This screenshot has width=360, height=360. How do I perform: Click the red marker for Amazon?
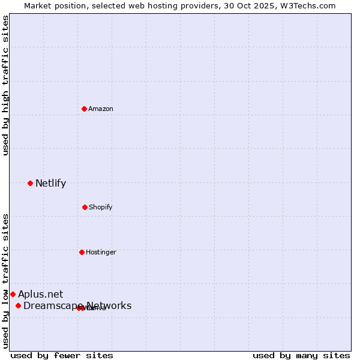(x=85, y=109)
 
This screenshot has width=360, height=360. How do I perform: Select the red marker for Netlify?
(x=30, y=183)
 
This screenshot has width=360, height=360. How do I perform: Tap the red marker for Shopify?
(x=85, y=207)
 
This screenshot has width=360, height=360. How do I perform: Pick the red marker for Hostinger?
(x=82, y=252)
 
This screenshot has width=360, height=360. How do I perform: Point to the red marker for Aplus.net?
(x=13, y=294)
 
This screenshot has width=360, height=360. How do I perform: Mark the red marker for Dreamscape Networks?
(x=18, y=306)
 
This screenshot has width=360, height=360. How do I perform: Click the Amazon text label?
(x=101, y=109)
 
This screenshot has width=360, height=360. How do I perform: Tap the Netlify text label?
(x=50, y=183)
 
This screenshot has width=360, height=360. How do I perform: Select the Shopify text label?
(x=101, y=207)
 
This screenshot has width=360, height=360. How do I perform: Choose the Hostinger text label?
(x=101, y=252)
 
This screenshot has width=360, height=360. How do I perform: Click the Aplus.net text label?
(x=40, y=294)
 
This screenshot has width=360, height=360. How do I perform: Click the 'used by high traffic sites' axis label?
(x=5, y=85)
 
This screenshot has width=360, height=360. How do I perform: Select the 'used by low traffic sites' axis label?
(x=5, y=281)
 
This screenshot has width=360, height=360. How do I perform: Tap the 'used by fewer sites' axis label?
(x=62, y=355)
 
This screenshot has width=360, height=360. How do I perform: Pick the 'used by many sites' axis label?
(x=301, y=355)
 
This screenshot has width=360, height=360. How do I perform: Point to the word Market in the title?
(x=38, y=5)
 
